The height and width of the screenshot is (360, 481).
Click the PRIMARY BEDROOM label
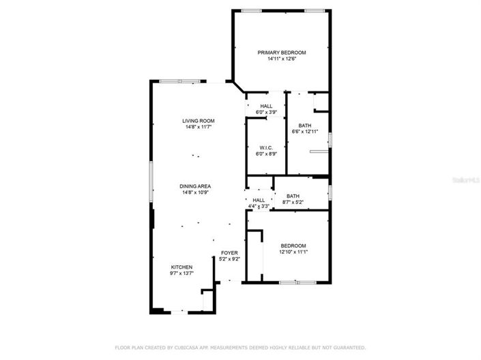pos(281,52)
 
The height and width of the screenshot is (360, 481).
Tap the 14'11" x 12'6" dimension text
pos(281,59)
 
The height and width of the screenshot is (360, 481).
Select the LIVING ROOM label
pos(198,121)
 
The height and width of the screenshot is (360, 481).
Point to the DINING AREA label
pos(195,186)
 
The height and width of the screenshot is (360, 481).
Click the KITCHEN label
pos(181,267)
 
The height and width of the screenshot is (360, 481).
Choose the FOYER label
pos(229,253)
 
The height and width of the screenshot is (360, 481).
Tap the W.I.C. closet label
pos(266,147)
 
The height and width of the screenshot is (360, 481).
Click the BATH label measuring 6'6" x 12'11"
pos(304,125)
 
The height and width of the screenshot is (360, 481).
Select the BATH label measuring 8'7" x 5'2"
pos(293,196)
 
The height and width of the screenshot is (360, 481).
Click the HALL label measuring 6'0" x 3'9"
pos(266,106)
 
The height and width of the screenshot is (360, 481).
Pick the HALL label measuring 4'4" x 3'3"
pos(259,200)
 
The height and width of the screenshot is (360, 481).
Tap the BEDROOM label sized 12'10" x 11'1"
pos(293,245)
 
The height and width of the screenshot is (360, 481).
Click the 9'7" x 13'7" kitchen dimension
pos(181,273)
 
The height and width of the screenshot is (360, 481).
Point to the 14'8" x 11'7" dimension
pos(198,127)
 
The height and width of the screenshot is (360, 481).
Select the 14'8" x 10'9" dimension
pos(195,192)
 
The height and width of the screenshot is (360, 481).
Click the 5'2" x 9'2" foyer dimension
pos(229,259)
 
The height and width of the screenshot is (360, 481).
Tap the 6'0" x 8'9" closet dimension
pos(266,153)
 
